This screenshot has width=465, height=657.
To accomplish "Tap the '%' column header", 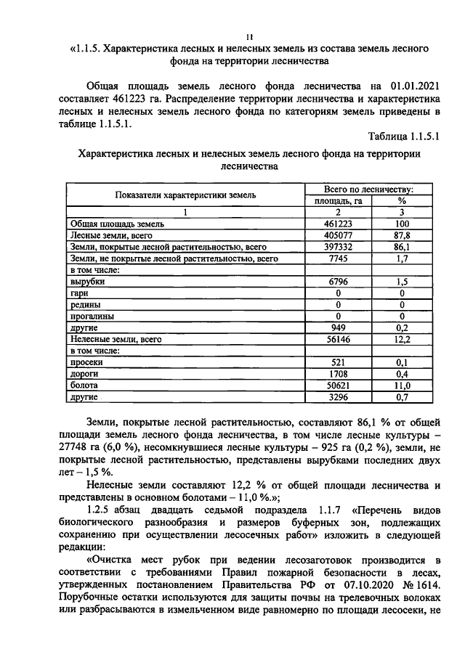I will click(x=402, y=200).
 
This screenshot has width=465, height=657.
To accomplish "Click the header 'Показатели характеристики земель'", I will click(x=184, y=195).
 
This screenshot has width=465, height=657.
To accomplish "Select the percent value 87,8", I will click(x=402, y=235).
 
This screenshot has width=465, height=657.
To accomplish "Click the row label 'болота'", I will click(x=84, y=385).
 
